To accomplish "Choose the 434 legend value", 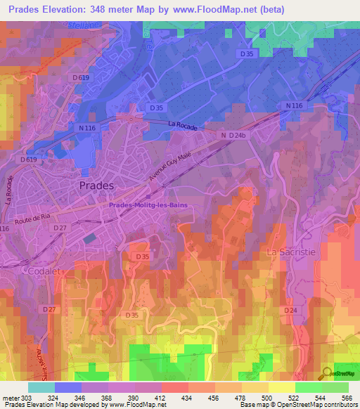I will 188,397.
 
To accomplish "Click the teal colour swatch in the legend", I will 41,387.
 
